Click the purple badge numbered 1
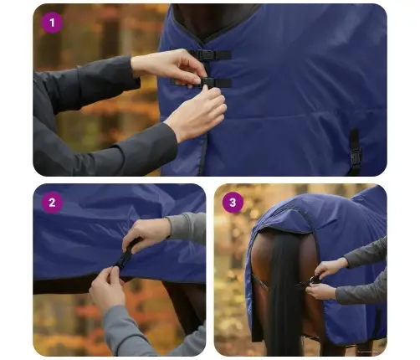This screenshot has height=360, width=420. coord(53,23)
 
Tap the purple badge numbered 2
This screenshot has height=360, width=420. coord(53,203)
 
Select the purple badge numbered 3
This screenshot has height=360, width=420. coord(233,203)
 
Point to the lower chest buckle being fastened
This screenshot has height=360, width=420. coord(208,82)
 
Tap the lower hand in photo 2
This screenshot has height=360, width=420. coord(107,287)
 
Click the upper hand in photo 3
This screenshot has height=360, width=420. coord(330,267)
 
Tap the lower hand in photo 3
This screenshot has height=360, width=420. coord(320,291)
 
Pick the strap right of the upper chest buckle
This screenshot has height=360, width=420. coord(223,55)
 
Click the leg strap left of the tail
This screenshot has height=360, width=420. coord(259,282)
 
